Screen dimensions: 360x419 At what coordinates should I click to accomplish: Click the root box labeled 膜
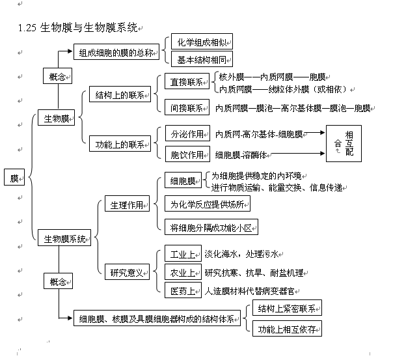pos(14,178)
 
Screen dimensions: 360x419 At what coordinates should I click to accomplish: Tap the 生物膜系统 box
pos(64,239)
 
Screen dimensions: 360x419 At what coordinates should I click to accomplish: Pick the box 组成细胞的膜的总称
pos(116,53)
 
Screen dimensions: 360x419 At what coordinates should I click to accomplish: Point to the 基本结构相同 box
pos(202,61)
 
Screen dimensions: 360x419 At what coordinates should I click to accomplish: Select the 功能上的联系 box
pos(120,144)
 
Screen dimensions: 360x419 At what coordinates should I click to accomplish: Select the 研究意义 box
pos(127,271)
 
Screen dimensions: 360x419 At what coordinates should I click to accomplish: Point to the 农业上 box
pos(182,272)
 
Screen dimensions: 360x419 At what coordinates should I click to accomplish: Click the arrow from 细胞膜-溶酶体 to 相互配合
pos(299,154)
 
